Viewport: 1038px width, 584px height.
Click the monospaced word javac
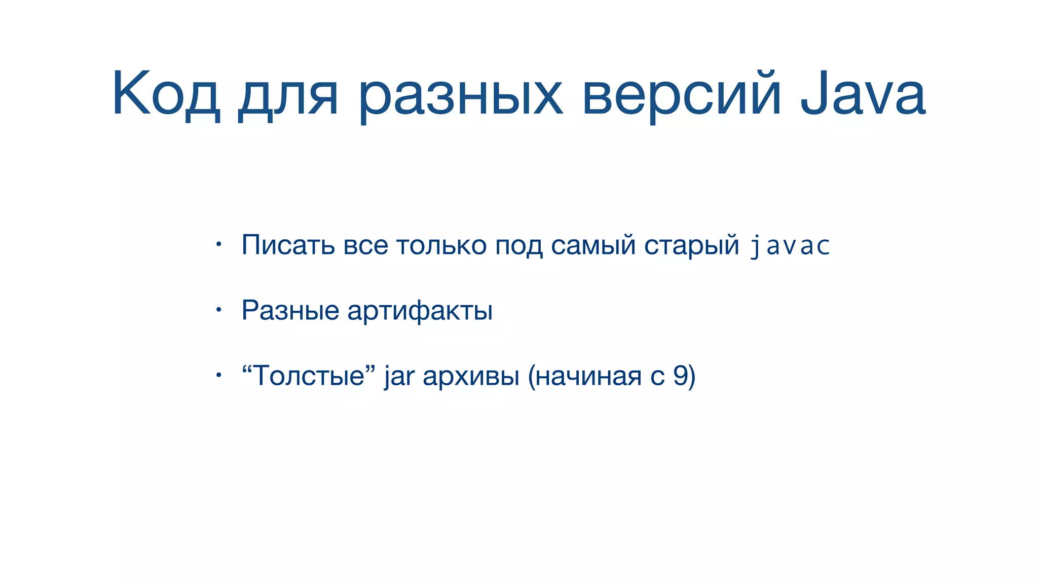(790, 246)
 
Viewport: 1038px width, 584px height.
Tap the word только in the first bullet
(441, 245)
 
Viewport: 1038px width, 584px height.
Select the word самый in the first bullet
(593, 245)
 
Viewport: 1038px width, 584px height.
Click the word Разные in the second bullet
(290, 310)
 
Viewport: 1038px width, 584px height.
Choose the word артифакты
(420, 310)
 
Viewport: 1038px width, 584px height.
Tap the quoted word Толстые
(308, 376)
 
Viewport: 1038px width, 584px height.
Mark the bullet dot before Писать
(218, 245)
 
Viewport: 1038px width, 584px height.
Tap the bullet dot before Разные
(218, 310)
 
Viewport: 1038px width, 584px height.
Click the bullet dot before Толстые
(218, 376)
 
